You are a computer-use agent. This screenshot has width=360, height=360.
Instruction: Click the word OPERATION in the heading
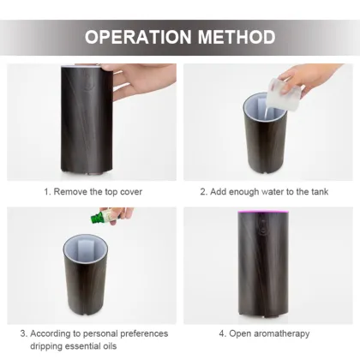pyautogui.click(x=138, y=37)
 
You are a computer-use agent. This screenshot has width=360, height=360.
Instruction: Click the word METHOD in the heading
pyautogui.click(x=237, y=37)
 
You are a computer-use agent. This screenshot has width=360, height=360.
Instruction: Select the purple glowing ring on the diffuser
pyautogui.click(x=263, y=213)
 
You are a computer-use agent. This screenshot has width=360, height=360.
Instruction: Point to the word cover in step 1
pyautogui.click(x=131, y=192)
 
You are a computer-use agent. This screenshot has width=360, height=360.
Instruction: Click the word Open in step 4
pyautogui.click(x=240, y=333)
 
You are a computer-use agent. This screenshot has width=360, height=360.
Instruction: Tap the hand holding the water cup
pyautogui.click(x=310, y=78)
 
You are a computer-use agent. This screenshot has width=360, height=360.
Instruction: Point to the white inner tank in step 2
pyautogui.click(x=256, y=109)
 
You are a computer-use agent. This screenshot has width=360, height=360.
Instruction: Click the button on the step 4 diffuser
pyautogui.click(x=261, y=227)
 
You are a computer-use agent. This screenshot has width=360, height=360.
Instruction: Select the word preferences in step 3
pyautogui.click(x=144, y=333)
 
